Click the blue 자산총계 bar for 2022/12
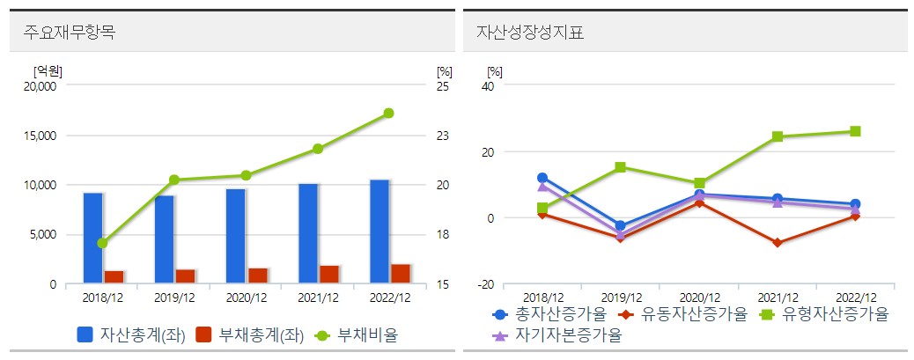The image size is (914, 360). [x=379, y=231]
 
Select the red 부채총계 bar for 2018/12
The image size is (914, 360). [x=114, y=277]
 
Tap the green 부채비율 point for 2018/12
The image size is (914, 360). [x=102, y=243]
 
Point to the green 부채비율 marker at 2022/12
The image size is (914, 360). [x=388, y=114]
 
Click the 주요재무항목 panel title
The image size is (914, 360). [x=70, y=33]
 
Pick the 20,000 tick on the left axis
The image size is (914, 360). [x=39, y=86]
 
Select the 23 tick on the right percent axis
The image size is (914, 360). [x=443, y=136]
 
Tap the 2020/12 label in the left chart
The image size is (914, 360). [x=246, y=299]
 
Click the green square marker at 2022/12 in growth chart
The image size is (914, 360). [x=854, y=132]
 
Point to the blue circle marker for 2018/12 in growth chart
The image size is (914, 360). [x=542, y=178]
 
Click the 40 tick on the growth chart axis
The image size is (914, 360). [x=487, y=86]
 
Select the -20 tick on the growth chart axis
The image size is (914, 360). [x=485, y=283]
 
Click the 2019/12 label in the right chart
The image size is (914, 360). [x=621, y=298]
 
